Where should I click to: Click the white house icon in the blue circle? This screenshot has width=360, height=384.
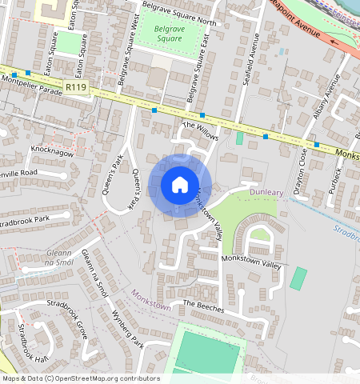point(180,185)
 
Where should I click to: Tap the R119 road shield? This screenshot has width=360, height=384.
point(77,87)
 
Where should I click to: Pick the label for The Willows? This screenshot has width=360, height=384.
point(200,131)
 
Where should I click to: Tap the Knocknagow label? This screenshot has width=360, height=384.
point(51,150)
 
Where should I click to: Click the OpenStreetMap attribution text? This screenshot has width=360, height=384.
point(81,378)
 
